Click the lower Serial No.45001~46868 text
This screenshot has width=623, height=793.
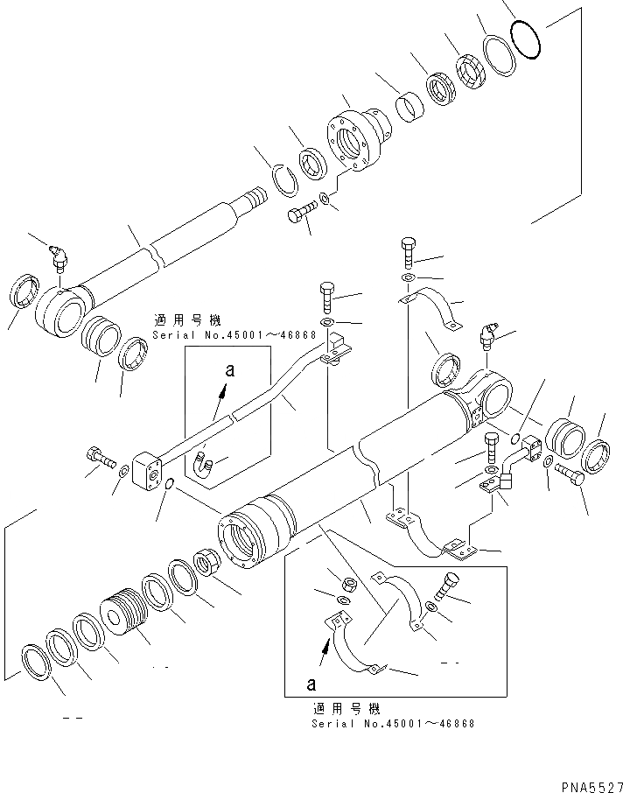coord(393,723)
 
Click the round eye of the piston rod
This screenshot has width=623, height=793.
coord(59,309)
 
